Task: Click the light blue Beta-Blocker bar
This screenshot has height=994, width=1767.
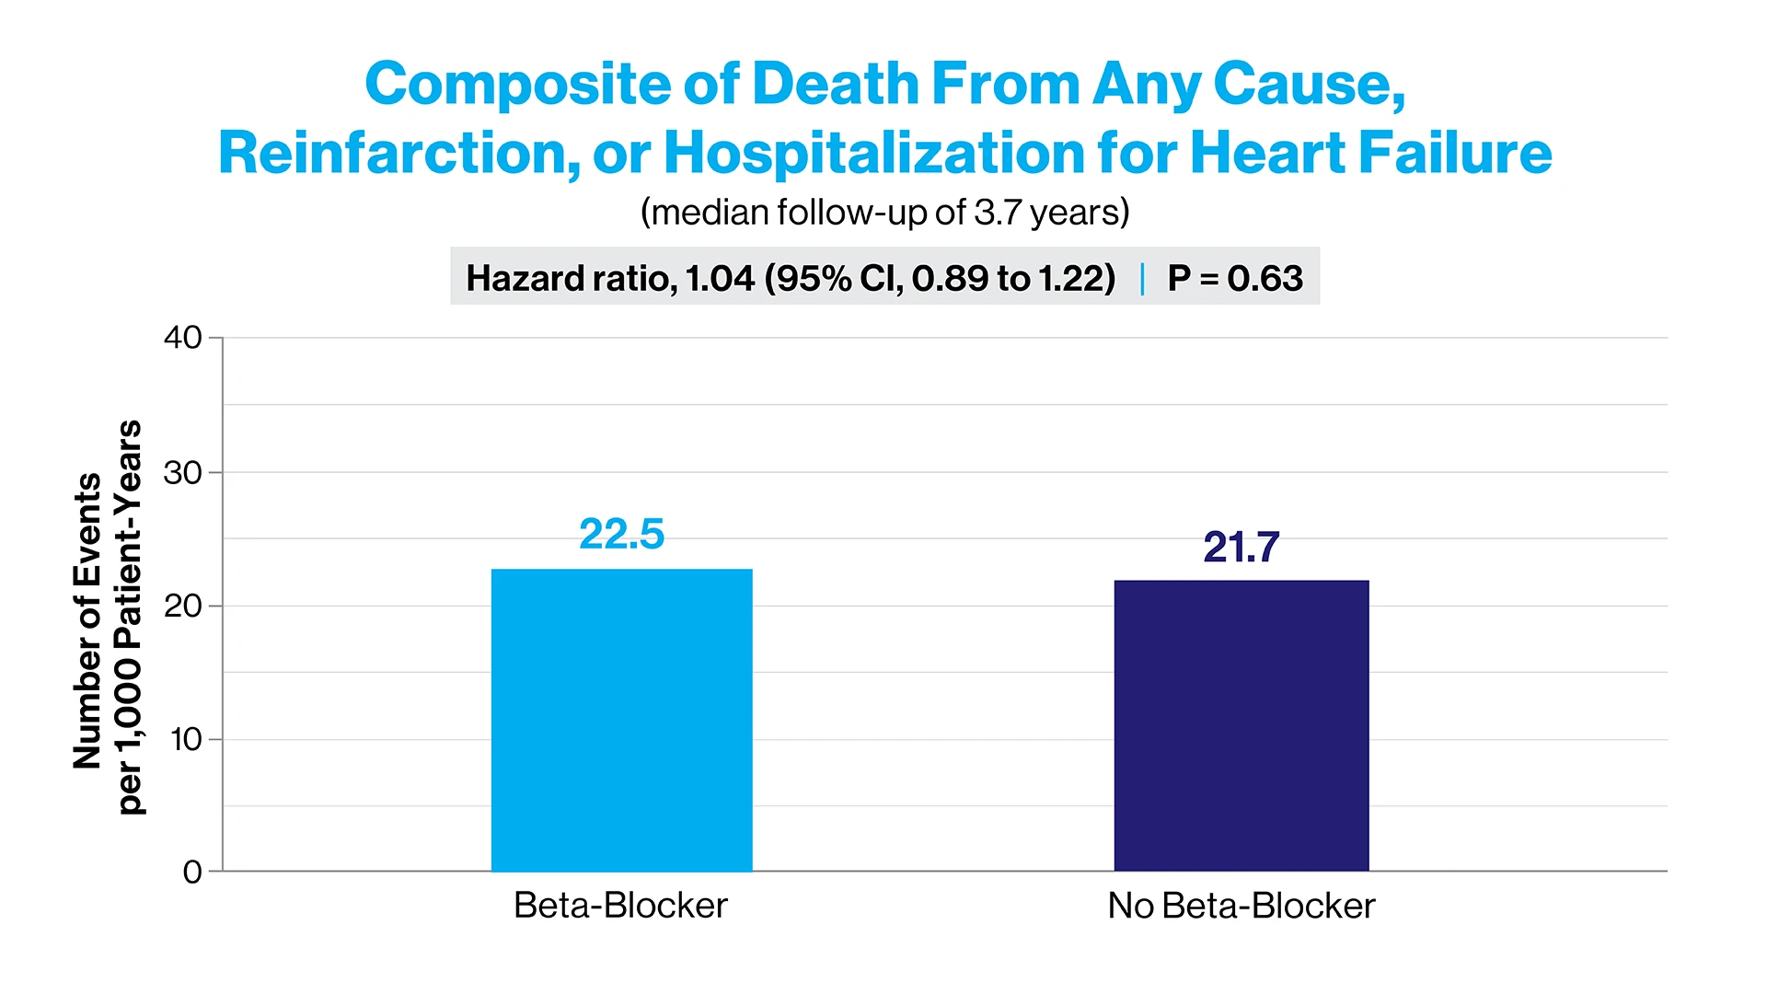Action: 621,720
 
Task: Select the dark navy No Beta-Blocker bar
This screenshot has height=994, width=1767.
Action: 1241,725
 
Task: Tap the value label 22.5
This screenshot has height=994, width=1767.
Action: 621,534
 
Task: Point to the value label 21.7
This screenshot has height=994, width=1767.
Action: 1241,547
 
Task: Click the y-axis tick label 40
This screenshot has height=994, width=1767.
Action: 182,338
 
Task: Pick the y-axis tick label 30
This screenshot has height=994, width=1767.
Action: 182,472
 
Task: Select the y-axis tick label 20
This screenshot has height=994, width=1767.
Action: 182,606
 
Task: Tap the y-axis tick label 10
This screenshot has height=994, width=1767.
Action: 186,739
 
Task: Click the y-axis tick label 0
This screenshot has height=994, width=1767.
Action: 191,872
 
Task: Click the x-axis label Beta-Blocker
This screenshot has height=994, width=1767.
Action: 620,906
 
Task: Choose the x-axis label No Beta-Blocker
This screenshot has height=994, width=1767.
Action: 1241,906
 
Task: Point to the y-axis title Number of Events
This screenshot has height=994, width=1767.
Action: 87,620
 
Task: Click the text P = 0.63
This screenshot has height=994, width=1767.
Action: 1235,278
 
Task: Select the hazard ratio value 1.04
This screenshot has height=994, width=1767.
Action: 721,278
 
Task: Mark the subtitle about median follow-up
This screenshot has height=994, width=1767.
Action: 884,213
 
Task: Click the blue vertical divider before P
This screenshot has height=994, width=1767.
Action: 1142,278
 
